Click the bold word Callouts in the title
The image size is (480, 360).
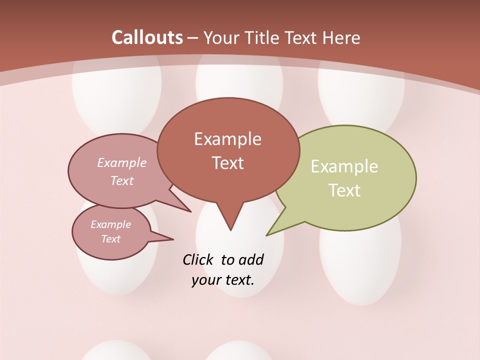pos(147,37)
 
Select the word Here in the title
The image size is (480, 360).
pos(341,37)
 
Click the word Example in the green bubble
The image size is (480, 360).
pos(344,166)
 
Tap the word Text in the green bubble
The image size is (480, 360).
pos(345,190)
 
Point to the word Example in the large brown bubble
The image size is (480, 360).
pos(227,139)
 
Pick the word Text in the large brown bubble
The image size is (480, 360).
pos(228,163)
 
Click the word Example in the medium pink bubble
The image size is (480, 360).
pos(122,163)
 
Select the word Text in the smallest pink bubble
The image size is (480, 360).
pos(111,239)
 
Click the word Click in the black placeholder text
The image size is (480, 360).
pos(198,260)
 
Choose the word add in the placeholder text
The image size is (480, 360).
pos(250,260)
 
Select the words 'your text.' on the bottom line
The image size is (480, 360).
pos(223,280)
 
